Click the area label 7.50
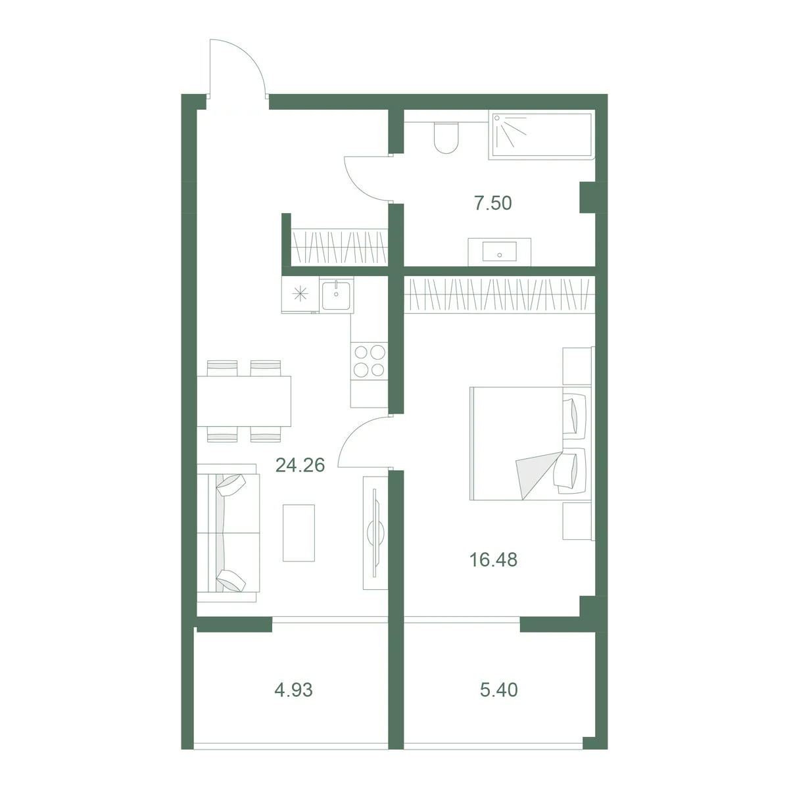pyautogui.click(x=492, y=203)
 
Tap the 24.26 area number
pyautogui.click(x=300, y=465)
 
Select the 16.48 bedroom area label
pyautogui.click(x=493, y=560)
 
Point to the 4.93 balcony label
pyautogui.click(x=293, y=690)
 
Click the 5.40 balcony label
pyautogui.click(x=498, y=690)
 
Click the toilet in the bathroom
pyautogui.click(x=446, y=137)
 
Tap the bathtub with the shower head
pyautogui.click(x=541, y=135)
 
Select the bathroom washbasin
pyautogui.click(x=499, y=251)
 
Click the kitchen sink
pyautogui.click(x=336, y=295)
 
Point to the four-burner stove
pyautogui.click(x=369, y=361)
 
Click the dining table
pyautogui.click(x=244, y=401)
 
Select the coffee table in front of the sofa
pyautogui.click(x=299, y=533)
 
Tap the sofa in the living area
pyautogui.click(x=228, y=533)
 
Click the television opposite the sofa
pyautogui.click(x=375, y=533)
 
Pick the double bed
pyautogui.click(x=531, y=443)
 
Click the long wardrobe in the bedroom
pyautogui.click(x=499, y=294)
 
